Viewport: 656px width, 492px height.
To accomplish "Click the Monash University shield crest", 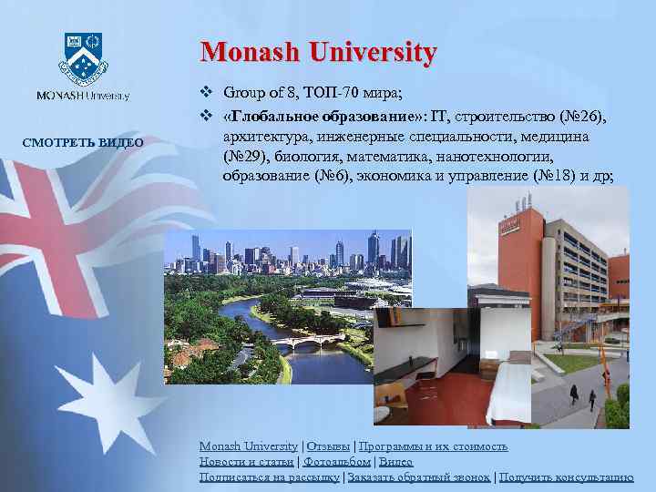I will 83,56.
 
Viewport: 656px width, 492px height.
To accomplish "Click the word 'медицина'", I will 559,136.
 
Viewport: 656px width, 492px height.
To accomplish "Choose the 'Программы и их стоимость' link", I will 434,446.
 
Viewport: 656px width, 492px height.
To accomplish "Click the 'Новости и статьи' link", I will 246,462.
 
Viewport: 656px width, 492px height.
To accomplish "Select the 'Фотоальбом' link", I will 336,462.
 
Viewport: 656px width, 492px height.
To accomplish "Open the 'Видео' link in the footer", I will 395,462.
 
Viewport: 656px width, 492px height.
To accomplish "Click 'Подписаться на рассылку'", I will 269,477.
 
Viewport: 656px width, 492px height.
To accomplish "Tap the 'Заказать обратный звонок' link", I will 417,477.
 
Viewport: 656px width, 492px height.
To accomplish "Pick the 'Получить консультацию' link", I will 566,477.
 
